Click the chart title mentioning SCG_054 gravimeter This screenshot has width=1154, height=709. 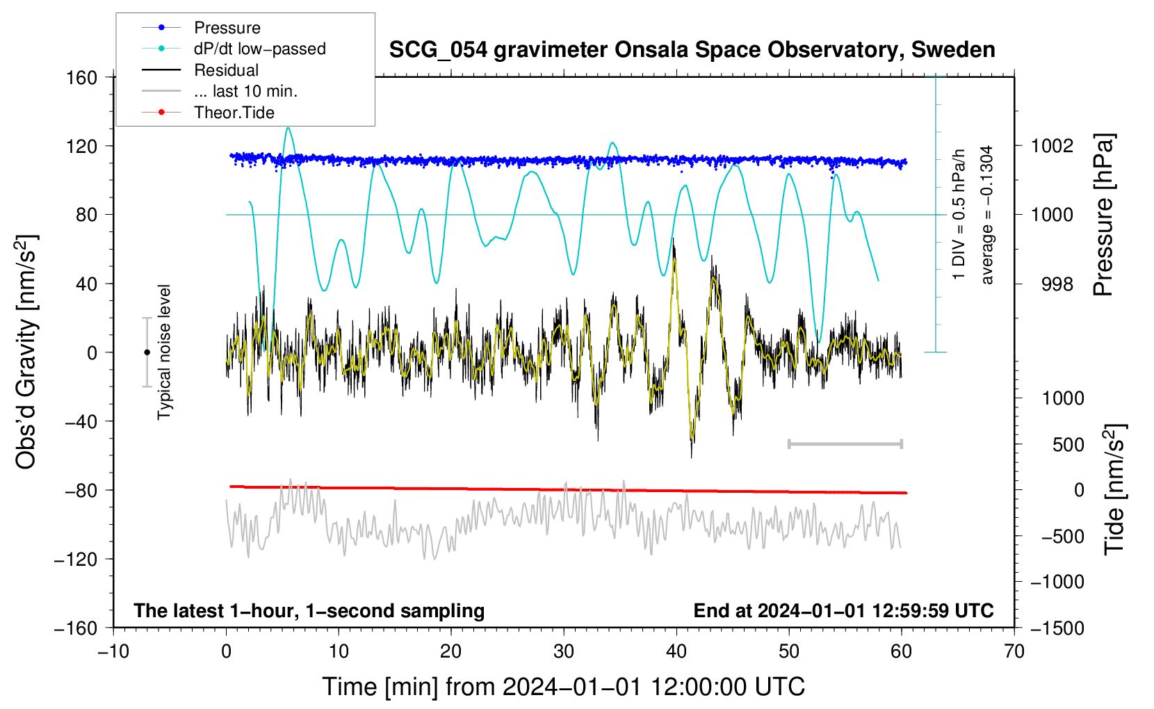(692, 50)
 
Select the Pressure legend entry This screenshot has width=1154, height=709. (202, 27)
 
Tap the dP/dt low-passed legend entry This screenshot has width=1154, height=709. (234, 49)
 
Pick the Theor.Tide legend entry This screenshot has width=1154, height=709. (208, 113)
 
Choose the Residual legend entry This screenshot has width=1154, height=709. (200, 70)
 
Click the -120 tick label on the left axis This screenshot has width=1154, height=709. (76, 559)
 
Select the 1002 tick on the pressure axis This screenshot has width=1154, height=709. (1052, 146)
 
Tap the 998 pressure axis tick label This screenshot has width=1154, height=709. (1057, 284)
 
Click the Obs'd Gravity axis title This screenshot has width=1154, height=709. (26, 352)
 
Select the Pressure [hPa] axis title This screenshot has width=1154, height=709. (1103, 215)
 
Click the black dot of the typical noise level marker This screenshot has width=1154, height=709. (147, 352)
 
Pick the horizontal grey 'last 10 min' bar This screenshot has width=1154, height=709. (845, 443)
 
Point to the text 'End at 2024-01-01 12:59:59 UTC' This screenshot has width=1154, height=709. (843, 610)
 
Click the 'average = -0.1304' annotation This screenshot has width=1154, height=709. (986, 215)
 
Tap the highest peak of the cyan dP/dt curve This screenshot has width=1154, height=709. (288, 128)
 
